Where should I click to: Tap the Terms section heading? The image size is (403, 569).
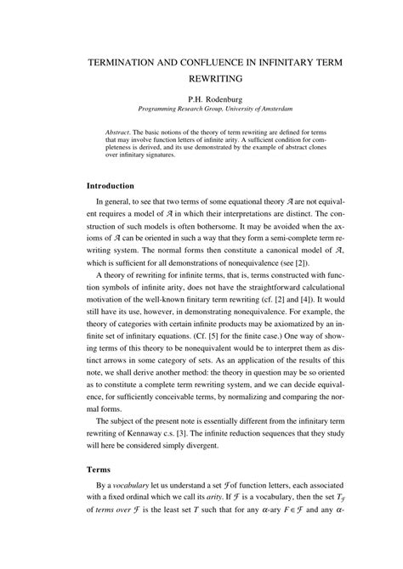[100, 492]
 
